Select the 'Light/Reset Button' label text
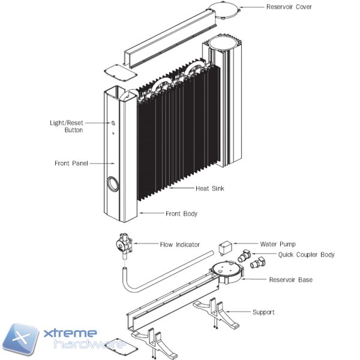pos(66,126)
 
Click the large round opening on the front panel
pos(113,184)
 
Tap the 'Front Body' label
pos(181,214)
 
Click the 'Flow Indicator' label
pos(179,244)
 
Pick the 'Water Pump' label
pos(277,244)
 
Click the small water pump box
pos(226,247)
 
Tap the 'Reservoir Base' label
pos(290,280)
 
